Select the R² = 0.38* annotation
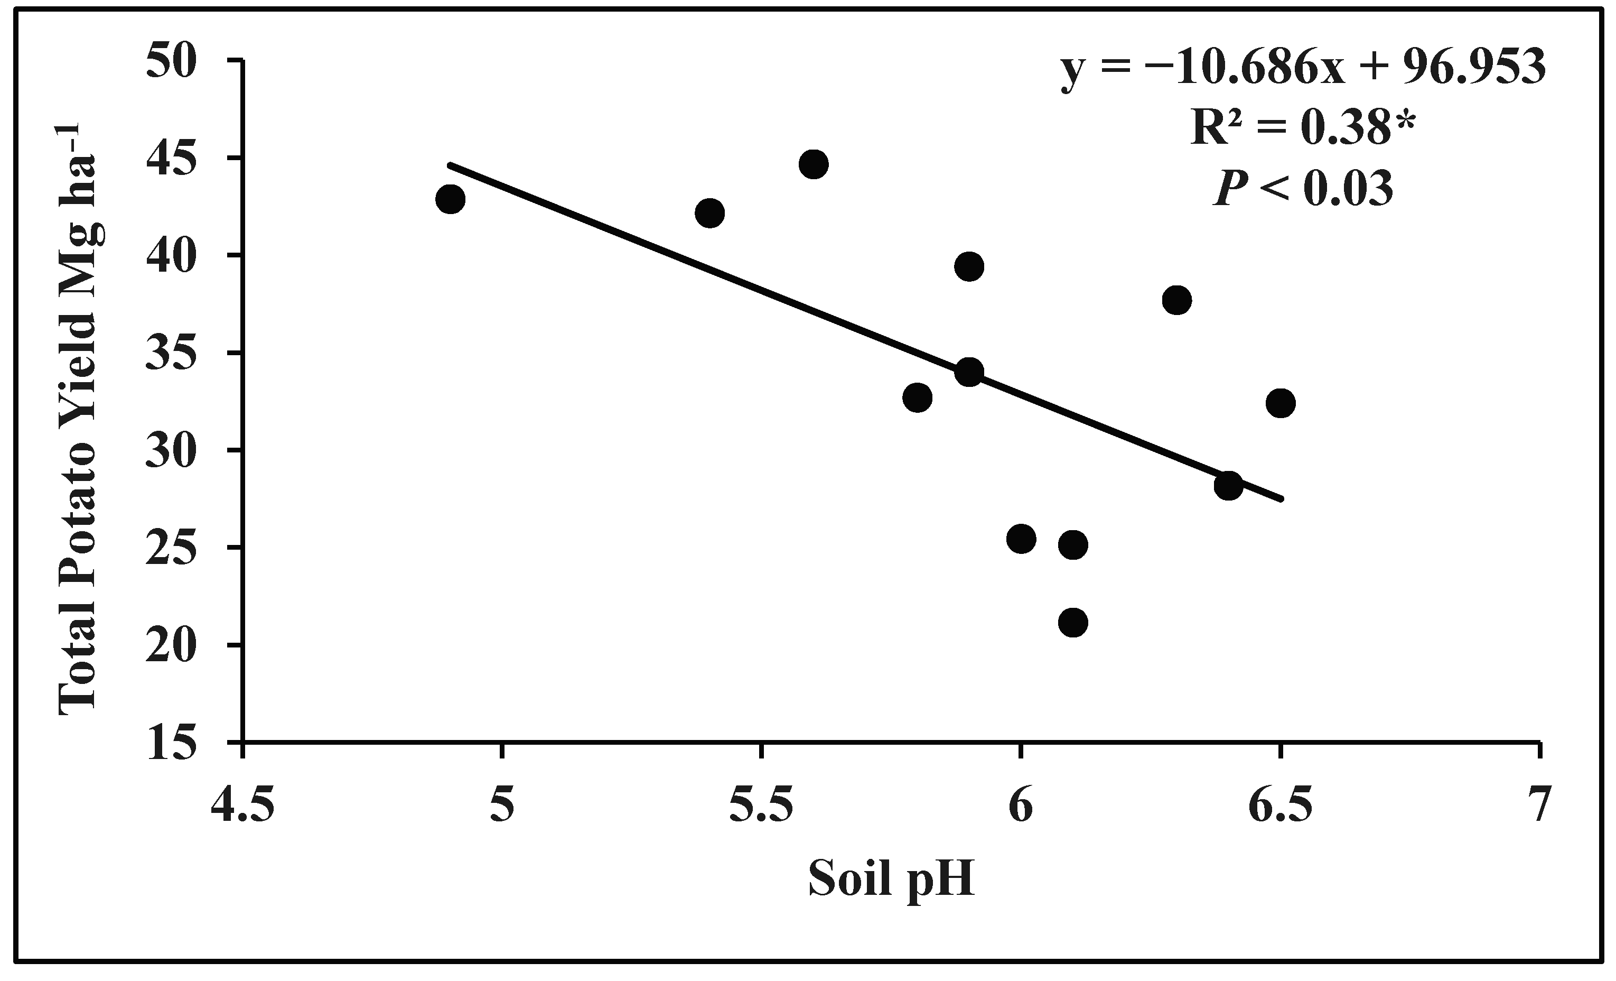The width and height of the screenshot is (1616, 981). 1302,128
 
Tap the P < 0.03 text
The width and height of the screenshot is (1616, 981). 1303,188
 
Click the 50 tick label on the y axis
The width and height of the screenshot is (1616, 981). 172,61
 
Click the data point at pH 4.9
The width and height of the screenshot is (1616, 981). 450,199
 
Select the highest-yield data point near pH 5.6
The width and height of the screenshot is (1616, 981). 813,164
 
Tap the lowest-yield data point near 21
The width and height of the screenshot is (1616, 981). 1073,622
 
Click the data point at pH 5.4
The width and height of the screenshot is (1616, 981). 709,212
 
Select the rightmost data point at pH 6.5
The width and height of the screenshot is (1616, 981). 1280,403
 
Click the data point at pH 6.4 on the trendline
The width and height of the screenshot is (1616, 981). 1228,486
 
